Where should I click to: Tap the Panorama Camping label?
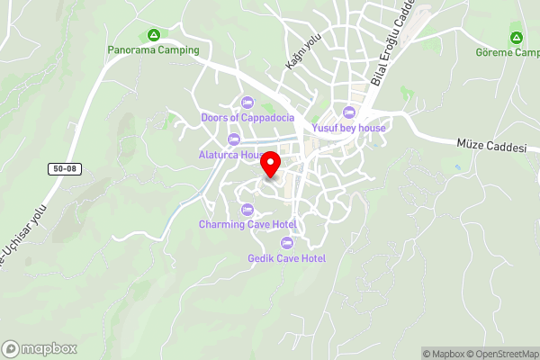click(x=153, y=50)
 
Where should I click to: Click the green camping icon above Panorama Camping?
click(x=153, y=36)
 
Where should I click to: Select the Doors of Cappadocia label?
click(x=247, y=118)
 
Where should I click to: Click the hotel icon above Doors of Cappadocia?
click(x=247, y=101)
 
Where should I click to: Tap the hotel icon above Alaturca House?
click(x=234, y=139)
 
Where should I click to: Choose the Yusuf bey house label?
click(x=349, y=128)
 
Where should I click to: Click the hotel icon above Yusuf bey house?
click(x=349, y=112)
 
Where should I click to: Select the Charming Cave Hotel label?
click(x=247, y=224)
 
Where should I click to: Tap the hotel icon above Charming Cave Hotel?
click(x=247, y=209)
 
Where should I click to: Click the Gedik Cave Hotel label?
click(x=286, y=258)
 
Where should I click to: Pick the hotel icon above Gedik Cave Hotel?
click(x=286, y=242)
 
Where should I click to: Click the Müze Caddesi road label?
click(x=490, y=144)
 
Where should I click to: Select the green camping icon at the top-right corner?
click(x=517, y=38)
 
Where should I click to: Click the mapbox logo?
click(x=40, y=348)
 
